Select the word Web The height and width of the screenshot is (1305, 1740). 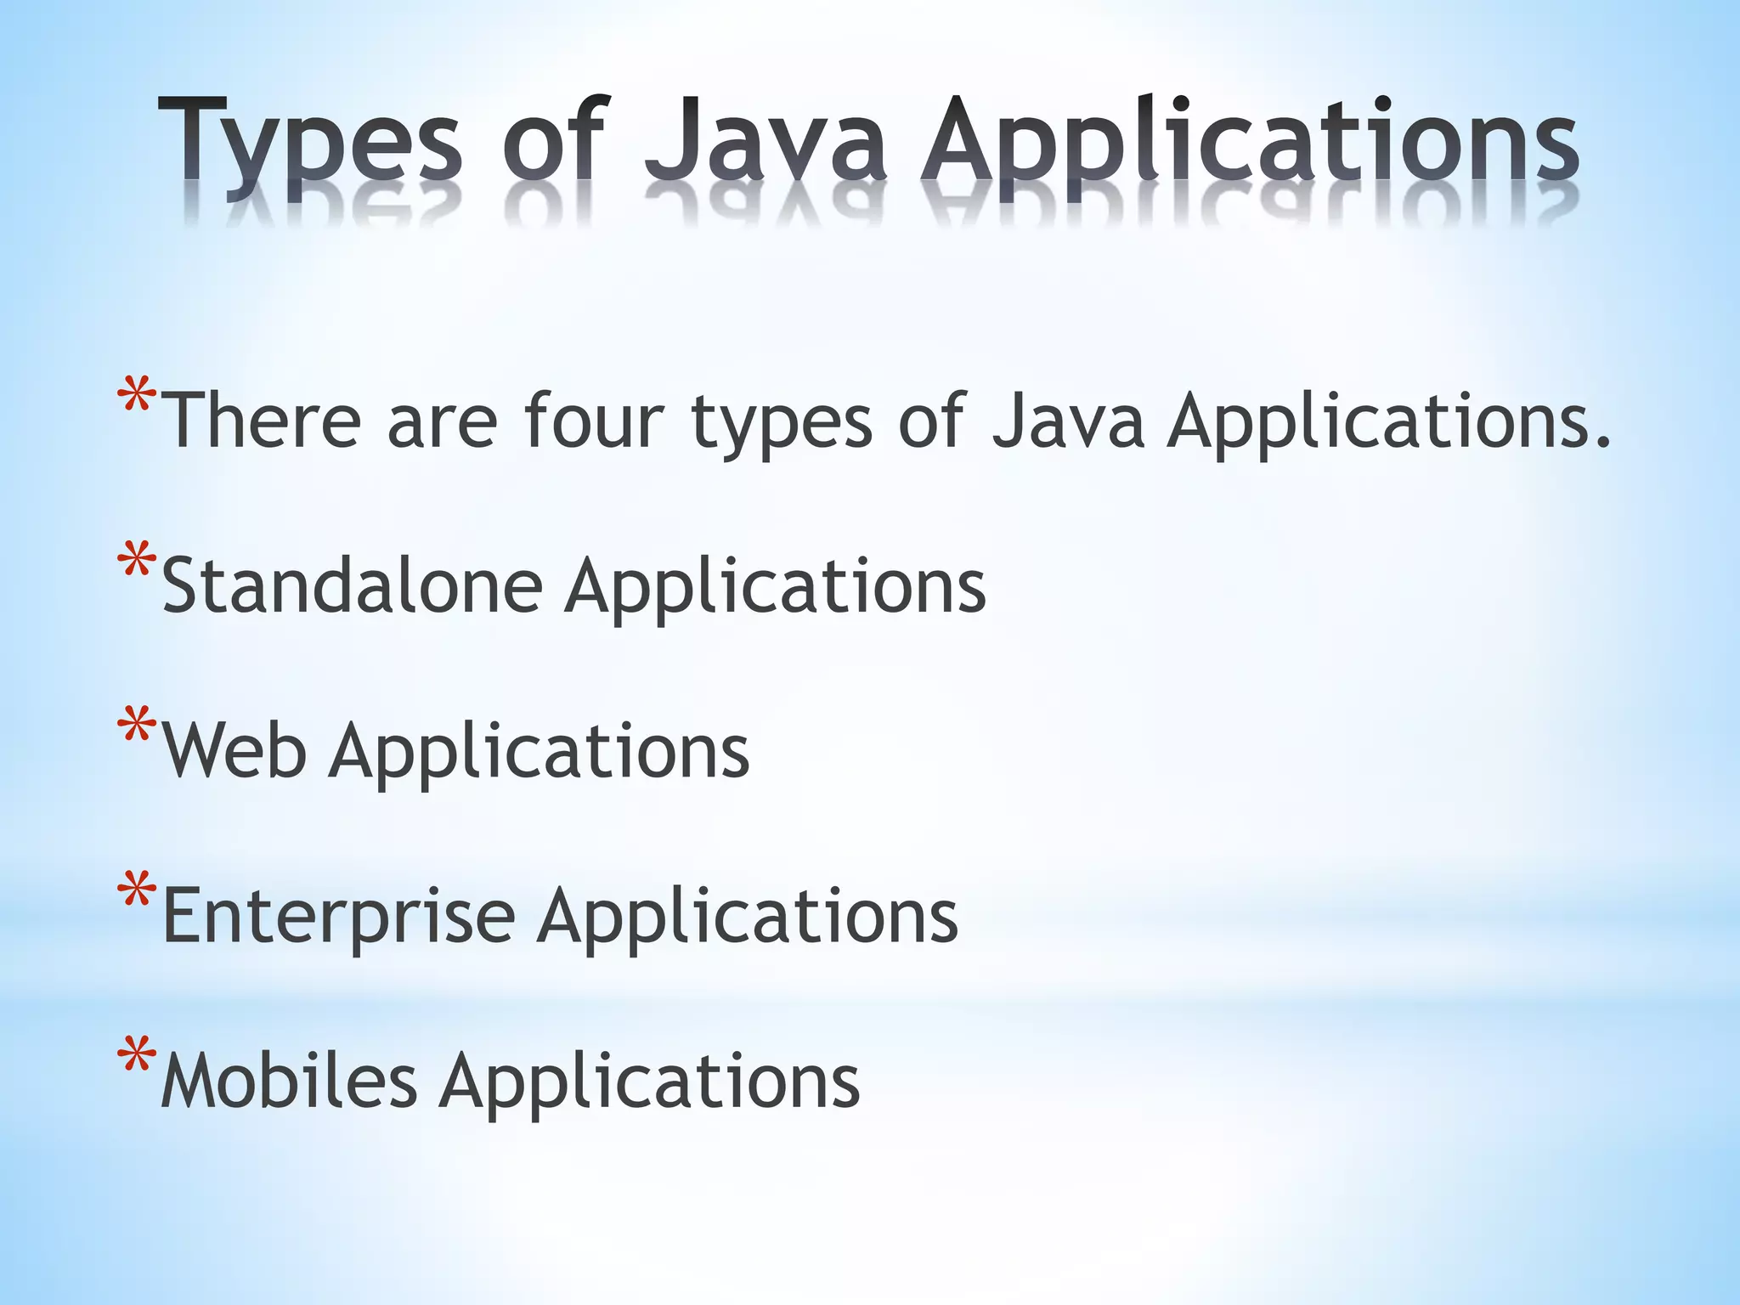coord(234,750)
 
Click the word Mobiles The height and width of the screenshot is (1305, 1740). coord(289,1081)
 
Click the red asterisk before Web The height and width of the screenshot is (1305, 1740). coord(137,726)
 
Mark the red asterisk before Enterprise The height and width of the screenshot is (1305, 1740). coord(137,891)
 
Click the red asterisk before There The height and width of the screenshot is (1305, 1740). coord(137,396)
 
